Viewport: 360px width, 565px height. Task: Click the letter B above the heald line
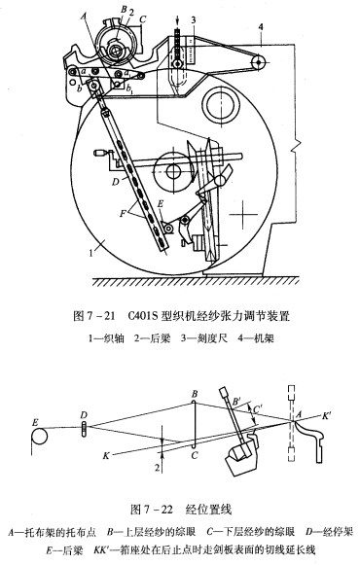pyautogui.click(x=195, y=393)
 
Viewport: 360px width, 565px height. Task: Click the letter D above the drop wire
pyautogui.click(x=86, y=415)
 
